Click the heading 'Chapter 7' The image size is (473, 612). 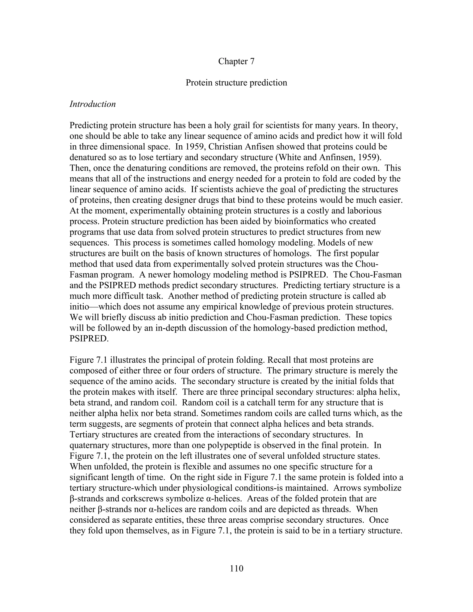[236, 61]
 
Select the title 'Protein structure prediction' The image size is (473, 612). [236, 83]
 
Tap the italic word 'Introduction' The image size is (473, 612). [92, 104]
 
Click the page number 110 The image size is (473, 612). [236, 568]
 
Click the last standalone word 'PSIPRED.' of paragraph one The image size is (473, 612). [89, 339]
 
